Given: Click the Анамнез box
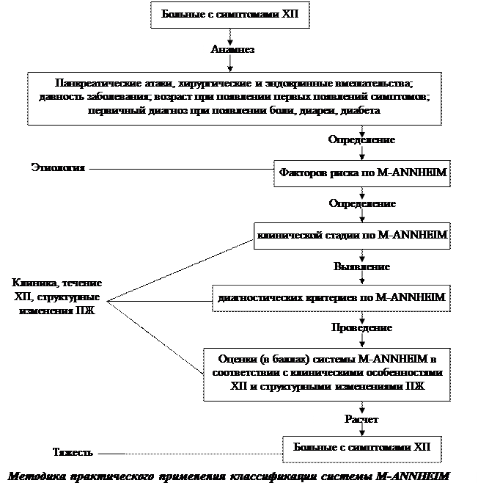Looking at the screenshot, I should click(229, 50).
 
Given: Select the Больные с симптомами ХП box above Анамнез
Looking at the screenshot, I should click(229, 14).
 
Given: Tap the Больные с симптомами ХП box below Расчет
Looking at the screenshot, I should click(361, 447).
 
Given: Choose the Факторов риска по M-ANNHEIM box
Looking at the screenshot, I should click(363, 174).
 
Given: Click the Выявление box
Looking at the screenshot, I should click(361, 266).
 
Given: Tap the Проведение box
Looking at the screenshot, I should click(361, 327).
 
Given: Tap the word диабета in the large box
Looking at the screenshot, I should click(360, 109).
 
